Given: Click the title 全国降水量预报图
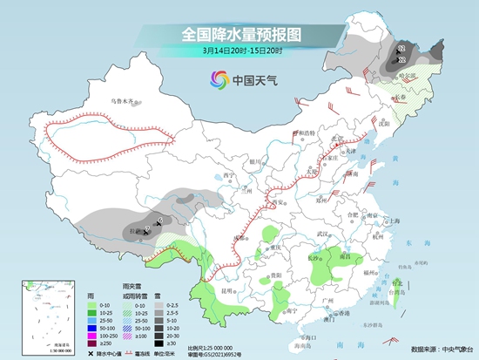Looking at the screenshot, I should click(x=239, y=34).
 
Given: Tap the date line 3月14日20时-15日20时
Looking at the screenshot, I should click(x=239, y=51).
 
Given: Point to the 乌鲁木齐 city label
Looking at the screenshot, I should click(x=124, y=101).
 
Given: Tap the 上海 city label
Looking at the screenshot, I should click(x=395, y=221).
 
